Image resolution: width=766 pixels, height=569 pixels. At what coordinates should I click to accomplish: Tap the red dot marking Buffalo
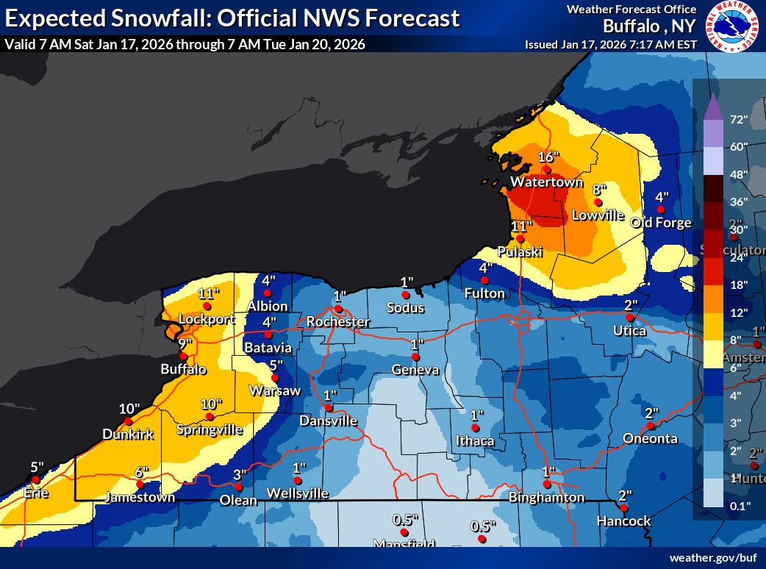[x=184, y=356]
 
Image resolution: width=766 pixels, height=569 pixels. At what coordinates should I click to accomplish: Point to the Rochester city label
[x=338, y=322]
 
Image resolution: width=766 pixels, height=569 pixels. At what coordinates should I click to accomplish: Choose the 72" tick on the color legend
[x=738, y=119]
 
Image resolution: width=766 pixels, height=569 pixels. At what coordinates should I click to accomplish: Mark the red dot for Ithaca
[x=476, y=428]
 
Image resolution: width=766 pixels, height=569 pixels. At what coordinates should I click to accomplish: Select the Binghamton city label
[x=546, y=498]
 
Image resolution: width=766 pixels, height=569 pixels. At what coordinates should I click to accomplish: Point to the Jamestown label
[x=140, y=498]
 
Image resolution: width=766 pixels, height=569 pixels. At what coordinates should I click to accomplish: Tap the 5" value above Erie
[x=37, y=467]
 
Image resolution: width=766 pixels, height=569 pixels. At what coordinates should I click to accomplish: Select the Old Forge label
[x=662, y=223]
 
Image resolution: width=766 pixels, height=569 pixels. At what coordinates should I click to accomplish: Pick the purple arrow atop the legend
[x=712, y=108]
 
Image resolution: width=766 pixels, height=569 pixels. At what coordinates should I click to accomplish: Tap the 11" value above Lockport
[x=208, y=293]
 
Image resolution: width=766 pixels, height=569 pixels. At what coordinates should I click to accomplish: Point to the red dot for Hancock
[x=623, y=508]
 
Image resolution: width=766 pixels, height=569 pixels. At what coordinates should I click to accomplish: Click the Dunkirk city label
[x=129, y=434]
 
